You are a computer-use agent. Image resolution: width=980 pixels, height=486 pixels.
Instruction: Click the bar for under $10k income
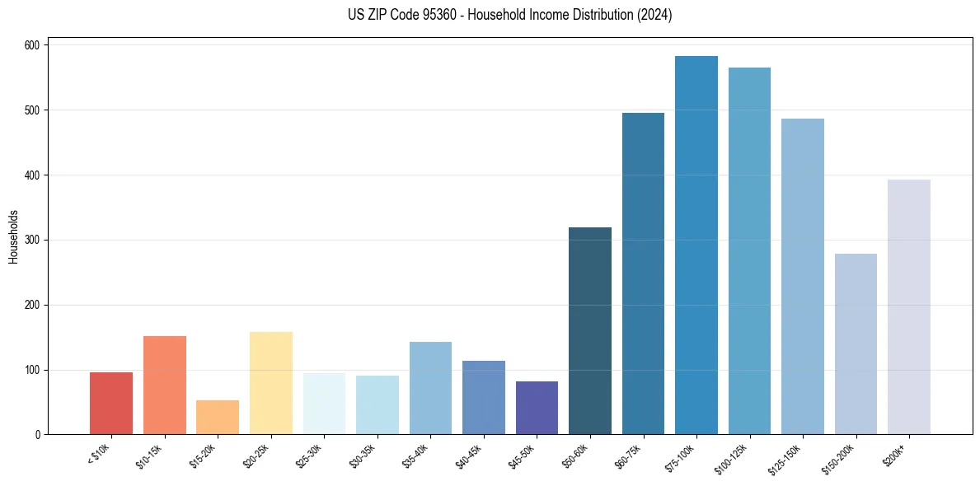click(x=111, y=404)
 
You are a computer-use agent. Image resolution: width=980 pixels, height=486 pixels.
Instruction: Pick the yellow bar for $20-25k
click(x=270, y=383)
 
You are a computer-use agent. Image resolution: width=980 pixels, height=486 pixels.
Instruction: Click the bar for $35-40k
click(x=430, y=388)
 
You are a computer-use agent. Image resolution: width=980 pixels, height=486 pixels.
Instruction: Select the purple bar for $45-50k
click(x=537, y=408)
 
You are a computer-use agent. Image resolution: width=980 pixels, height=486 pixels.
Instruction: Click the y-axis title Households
click(x=14, y=236)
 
